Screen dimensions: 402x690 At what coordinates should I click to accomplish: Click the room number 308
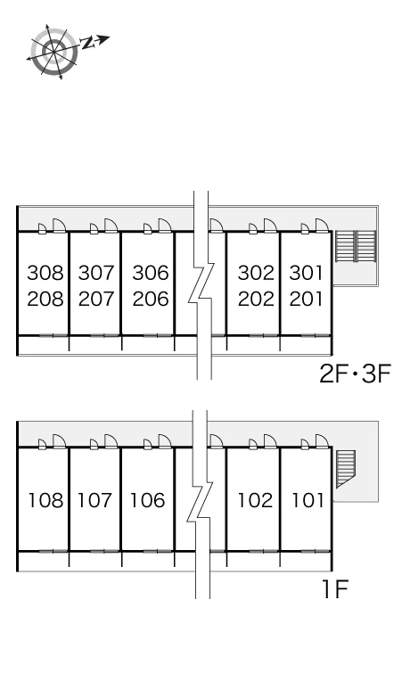pos(45,273)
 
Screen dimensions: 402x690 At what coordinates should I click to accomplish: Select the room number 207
pos(97,300)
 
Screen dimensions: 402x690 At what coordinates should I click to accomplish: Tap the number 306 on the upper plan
pos(151,273)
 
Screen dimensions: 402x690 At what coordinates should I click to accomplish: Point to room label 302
pos(256,273)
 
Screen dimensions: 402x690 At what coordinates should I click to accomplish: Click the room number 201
pos(307,300)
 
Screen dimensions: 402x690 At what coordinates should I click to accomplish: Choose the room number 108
pos(46,500)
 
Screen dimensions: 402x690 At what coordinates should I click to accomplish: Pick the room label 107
pos(95,500)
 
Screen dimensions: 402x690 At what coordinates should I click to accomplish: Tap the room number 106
pos(148,500)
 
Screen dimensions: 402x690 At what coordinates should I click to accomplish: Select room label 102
pos(256,500)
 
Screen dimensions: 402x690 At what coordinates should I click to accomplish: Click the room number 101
pos(308,500)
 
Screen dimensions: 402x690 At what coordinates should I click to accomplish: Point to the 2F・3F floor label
pos(355,375)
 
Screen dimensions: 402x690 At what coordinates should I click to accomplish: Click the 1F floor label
pos(336,589)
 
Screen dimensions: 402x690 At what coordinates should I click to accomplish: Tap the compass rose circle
pos(54,52)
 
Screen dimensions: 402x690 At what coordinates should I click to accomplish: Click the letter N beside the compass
pos(88,42)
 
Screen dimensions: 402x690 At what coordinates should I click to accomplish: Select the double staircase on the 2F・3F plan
pos(356,246)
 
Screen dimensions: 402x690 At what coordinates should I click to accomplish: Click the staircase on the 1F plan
pos(346,469)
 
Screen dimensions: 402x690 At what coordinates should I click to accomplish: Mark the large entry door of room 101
pos(323,441)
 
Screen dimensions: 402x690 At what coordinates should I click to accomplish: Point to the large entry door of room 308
pos(60,226)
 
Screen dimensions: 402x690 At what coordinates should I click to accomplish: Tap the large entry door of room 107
pos(111,441)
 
